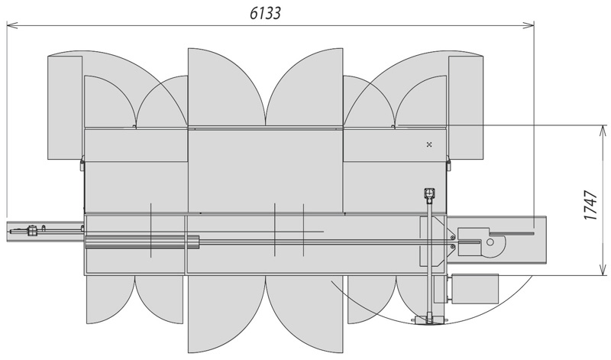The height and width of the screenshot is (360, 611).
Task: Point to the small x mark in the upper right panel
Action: click(x=430, y=144)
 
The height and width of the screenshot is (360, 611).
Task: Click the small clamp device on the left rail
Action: click(x=32, y=229)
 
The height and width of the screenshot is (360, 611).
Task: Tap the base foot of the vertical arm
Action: click(x=429, y=319)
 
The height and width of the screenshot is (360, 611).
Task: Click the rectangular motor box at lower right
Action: click(x=477, y=287)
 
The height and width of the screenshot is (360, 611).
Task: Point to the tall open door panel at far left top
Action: click(x=65, y=107)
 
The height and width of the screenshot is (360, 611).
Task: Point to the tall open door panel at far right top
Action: click(x=466, y=107)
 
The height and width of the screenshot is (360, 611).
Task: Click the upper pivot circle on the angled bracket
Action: click(x=452, y=237)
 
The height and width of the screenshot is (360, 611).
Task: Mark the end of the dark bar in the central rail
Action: click(x=198, y=243)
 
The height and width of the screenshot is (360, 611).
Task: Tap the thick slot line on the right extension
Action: click(x=512, y=232)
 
